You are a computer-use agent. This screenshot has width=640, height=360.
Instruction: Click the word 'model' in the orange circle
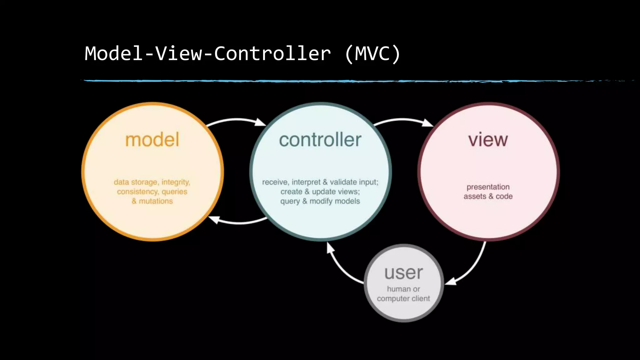pos(152,140)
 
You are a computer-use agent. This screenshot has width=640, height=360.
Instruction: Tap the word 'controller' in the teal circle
pos(320,140)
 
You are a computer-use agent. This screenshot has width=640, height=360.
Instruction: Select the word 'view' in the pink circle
pos(488,140)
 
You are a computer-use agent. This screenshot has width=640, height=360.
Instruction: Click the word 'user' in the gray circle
pos(403,273)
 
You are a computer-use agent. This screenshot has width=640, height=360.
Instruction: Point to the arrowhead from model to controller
pos(260,122)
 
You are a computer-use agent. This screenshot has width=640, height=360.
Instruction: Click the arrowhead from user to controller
pos(330,248)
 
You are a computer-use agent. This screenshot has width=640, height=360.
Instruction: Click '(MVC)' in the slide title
pos(372,53)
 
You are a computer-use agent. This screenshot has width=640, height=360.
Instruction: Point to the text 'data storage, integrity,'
pos(152,182)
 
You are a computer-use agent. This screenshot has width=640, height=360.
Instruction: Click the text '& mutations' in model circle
pos(152,201)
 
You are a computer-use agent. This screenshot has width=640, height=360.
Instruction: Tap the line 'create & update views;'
pos(320,192)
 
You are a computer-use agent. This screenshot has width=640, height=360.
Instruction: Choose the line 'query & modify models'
pos(320,201)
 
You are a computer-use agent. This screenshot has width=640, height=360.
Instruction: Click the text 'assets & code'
pos(488,197)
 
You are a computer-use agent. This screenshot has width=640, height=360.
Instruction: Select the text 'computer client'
pos(403,299)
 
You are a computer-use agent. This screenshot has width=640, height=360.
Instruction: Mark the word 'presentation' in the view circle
pos(488,187)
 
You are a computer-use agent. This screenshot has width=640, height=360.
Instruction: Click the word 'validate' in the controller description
pos(343,182)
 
